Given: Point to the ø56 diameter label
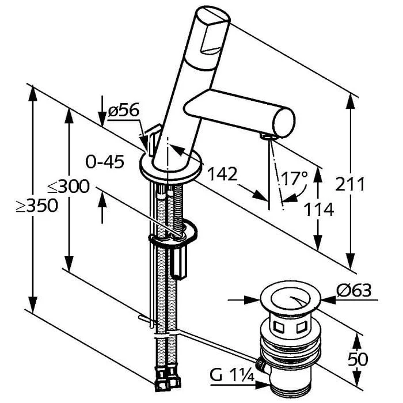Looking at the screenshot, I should point(123,111).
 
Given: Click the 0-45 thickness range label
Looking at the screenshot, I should point(105,162).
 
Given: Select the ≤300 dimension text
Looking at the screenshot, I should point(68,187).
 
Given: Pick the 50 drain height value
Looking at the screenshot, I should point(358,360).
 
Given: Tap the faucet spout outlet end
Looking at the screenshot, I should point(283,121).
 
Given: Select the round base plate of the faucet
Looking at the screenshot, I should point(171,168).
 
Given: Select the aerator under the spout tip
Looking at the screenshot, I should point(267,136).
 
